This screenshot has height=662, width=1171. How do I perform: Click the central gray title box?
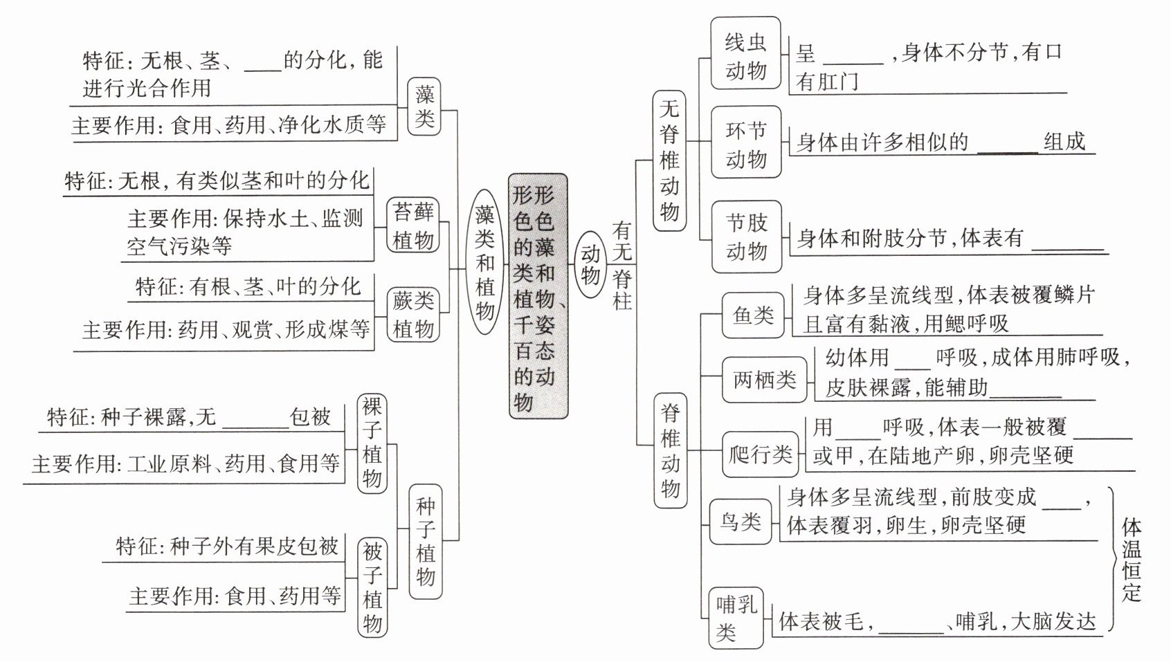click(x=538, y=296)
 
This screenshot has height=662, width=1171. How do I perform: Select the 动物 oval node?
click(x=590, y=264)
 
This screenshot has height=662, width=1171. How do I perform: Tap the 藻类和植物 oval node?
click(x=485, y=264)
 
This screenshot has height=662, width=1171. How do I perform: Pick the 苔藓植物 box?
click(x=414, y=226)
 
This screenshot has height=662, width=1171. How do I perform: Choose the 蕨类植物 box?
click(x=414, y=314)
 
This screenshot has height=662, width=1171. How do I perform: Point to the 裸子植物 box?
click(x=372, y=443)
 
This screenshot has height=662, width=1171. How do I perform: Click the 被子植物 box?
click(x=372, y=587)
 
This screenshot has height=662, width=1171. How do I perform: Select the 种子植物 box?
click(x=425, y=542)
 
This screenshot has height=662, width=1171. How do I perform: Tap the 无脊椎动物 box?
click(x=669, y=160)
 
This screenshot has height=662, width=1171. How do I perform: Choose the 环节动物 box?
click(x=745, y=143)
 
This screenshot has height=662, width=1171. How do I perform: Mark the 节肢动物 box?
click(x=746, y=237)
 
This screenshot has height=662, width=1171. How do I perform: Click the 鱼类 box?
click(x=753, y=315)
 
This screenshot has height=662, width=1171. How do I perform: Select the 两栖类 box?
click(x=764, y=380)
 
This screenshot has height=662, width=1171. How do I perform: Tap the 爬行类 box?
click(x=760, y=454)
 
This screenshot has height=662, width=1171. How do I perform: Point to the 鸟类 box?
click(x=740, y=521)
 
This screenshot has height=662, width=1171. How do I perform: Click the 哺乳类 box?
click(x=736, y=618)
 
